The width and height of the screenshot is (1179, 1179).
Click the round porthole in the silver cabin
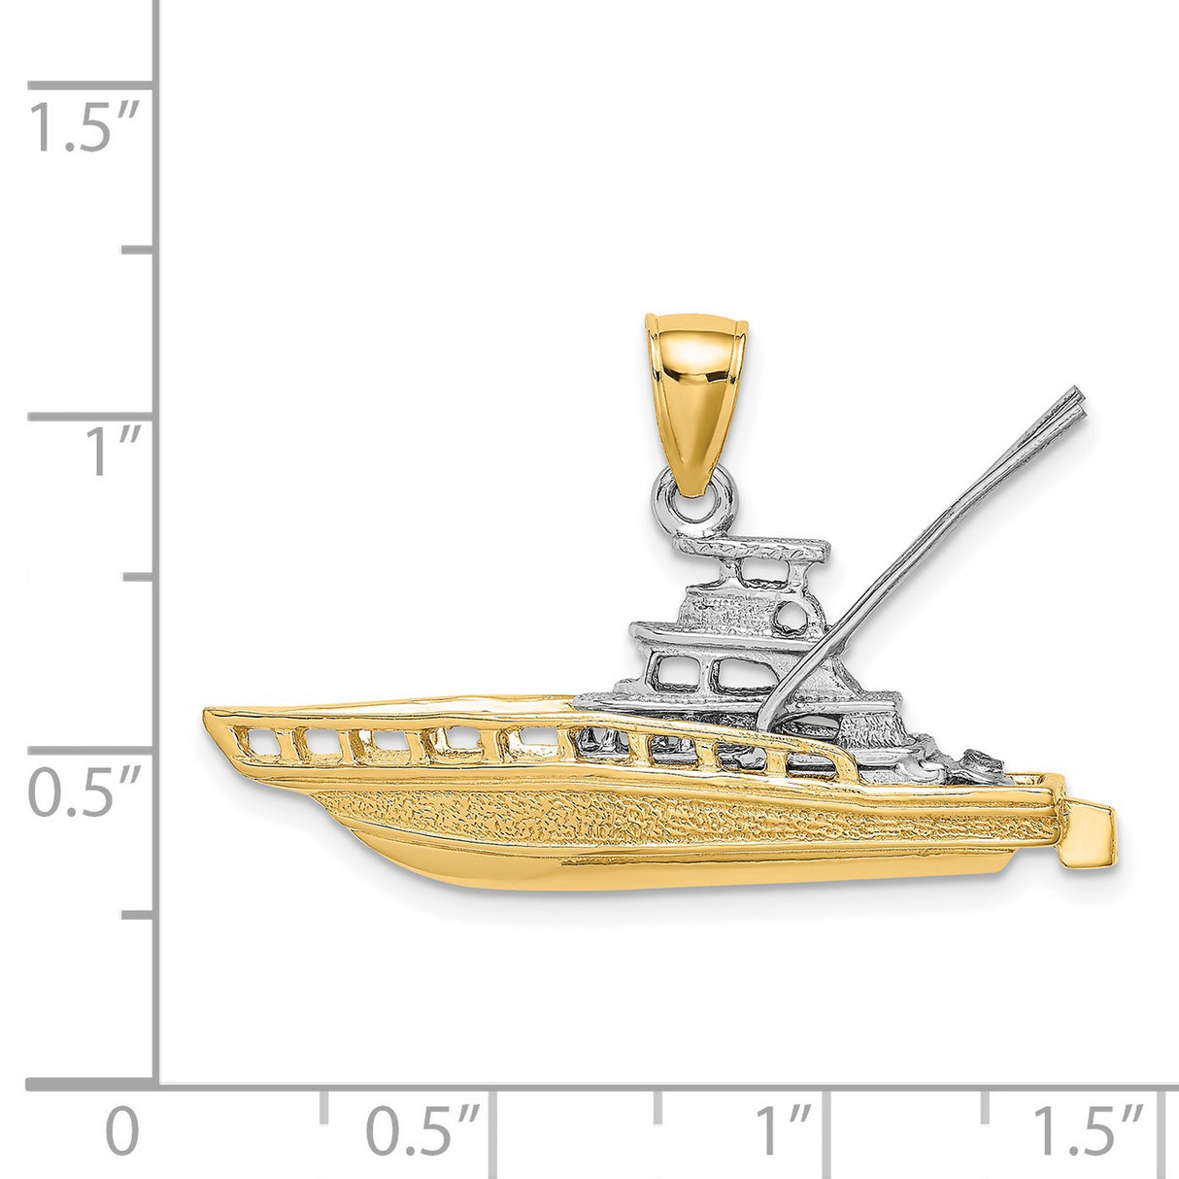pyautogui.click(x=792, y=615)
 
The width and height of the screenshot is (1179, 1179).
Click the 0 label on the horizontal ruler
pyautogui.click(x=122, y=1131)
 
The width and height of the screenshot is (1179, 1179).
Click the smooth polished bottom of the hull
pyautogui.click(x=631, y=869)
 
